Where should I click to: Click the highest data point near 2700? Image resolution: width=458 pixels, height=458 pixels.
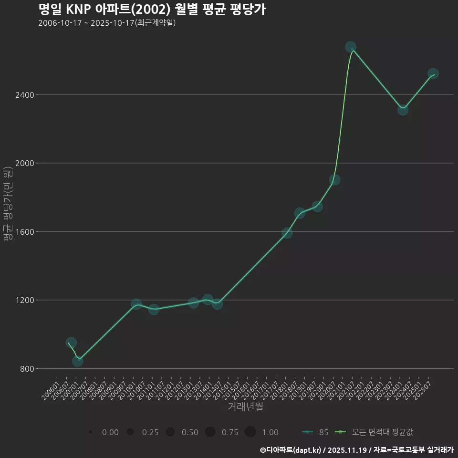[351, 47]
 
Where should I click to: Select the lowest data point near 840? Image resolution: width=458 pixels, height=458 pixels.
[77, 361]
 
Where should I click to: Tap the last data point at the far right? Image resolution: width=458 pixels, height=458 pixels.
[433, 73]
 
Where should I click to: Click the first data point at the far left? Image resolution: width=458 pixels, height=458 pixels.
[71, 343]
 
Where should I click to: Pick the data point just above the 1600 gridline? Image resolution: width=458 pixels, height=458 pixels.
[287, 233]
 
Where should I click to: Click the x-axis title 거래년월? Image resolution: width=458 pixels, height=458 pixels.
[245, 407]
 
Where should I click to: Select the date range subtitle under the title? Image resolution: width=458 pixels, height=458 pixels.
[107, 23]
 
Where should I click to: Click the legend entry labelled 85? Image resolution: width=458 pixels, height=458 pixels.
[315, 432]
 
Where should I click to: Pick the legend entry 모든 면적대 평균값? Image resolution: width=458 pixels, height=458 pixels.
[375, 432]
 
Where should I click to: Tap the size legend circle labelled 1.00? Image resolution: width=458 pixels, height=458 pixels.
[250, 432]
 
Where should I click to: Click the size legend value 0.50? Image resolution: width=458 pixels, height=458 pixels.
[190, 432]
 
